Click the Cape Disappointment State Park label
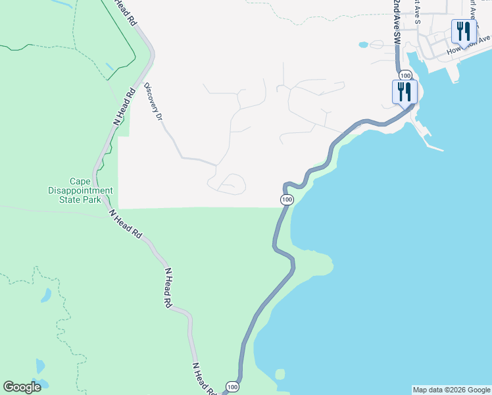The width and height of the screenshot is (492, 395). (87, 190)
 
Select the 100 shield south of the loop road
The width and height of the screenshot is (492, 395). (286, 199)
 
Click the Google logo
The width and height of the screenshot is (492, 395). (22, 387)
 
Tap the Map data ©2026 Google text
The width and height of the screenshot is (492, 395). (451, 390)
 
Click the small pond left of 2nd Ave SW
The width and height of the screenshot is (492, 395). (363, 45)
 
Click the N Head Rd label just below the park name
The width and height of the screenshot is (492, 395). (126, 224)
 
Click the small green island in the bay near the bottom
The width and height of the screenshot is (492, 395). (280, 374)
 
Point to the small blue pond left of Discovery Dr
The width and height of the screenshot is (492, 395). (109, 67)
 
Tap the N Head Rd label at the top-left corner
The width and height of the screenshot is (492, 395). (125, 12)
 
